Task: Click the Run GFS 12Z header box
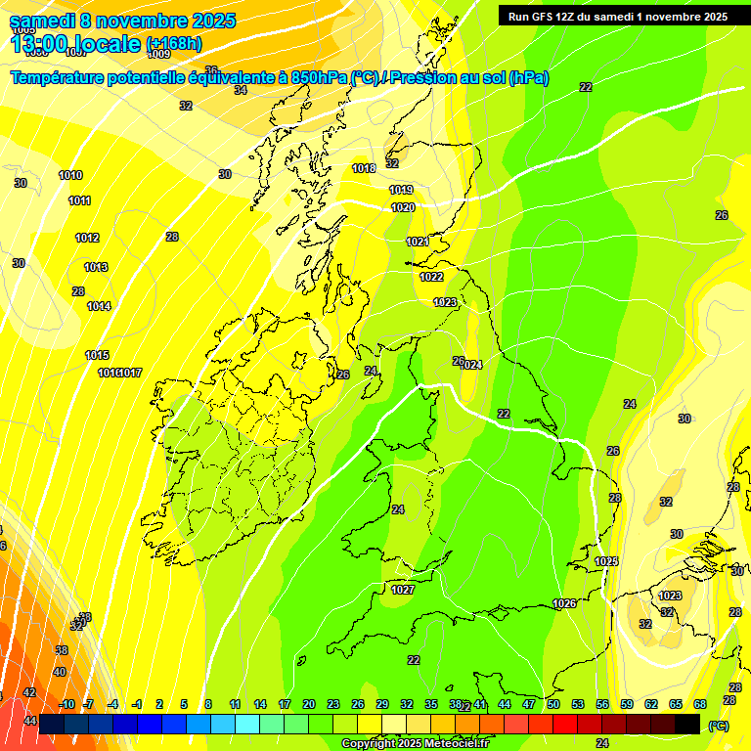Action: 619,16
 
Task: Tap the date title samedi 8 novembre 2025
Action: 122,21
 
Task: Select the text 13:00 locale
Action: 74,44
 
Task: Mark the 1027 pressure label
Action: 403,590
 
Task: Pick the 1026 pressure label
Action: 564,603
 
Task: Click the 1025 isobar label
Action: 606,561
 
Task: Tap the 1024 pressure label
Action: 472,365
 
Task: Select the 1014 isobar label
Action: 99,306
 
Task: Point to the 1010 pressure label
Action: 70,176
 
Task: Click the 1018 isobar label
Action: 364,168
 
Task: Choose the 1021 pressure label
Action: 418,242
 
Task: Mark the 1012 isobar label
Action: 87,238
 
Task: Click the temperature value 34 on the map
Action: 241,90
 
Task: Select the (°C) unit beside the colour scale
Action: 718,726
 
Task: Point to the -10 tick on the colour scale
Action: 66,704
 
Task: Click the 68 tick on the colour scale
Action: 700,704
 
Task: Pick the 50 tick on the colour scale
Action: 553,704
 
